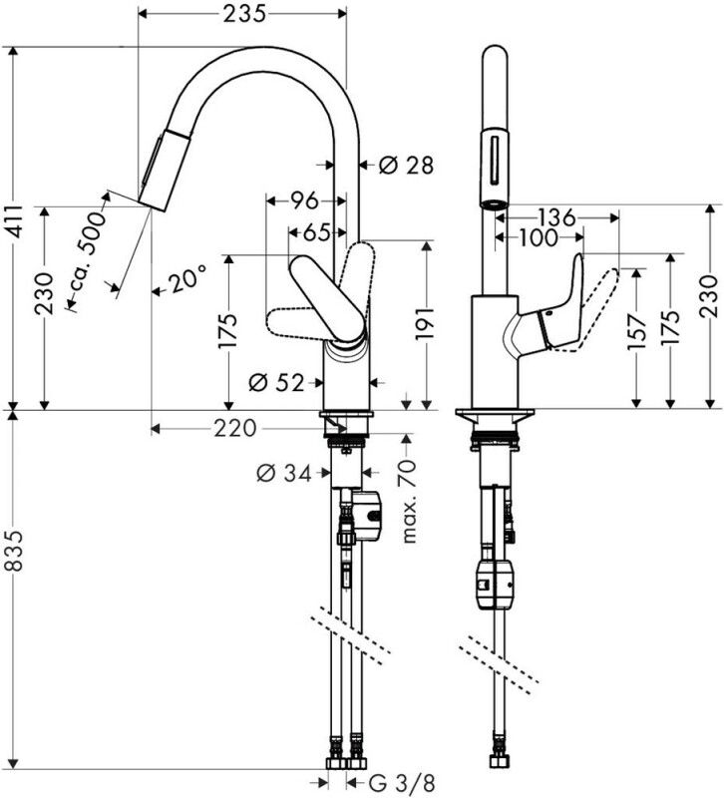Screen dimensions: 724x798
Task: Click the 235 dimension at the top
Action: (244, 14)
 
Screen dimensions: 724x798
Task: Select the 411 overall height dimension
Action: (15, 221)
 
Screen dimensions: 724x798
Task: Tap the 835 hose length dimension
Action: (15, 551)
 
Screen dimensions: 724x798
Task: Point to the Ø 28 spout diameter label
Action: (406, 165)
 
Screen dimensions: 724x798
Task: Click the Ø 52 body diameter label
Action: (276, 382)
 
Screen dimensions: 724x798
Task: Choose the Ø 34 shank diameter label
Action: (284, 473)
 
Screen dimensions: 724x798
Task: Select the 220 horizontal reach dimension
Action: (234, 429)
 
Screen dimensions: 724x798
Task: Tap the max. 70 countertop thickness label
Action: (410, 502)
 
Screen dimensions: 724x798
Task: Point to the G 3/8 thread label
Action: (402, 782)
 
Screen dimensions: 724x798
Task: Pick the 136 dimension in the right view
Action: (556, 217)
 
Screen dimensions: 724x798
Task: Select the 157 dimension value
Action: (636, 332)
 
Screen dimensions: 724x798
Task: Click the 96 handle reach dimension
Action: (304, 200)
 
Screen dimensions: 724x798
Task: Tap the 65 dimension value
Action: (317, 233)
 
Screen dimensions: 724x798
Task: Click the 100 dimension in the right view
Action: (538, 237)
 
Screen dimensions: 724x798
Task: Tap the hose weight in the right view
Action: (494, 584)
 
